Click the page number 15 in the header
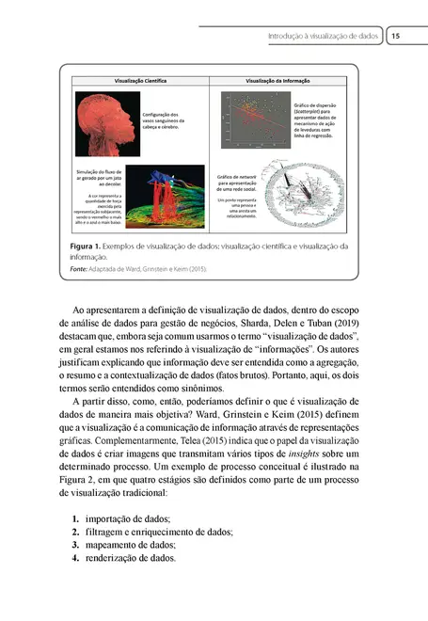click(x=396, y=36)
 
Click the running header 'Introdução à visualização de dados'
click(x=323, y=36)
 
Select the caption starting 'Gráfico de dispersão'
click(x=320, y=120)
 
